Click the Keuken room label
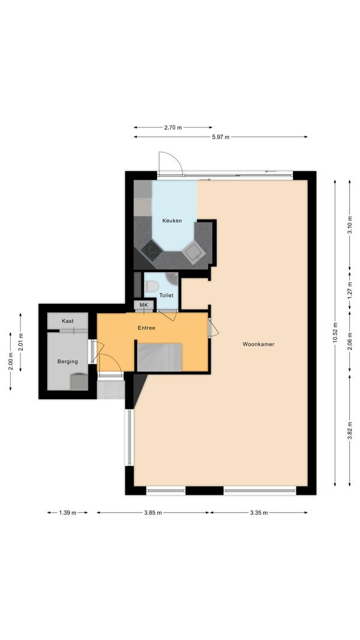[x=172, y=221]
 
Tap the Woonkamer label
[x=259, y=344]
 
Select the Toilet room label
[x=166, y=295]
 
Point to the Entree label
[x=146, y=328]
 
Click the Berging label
[x=68, y=361]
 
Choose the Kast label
[x=68, y=321]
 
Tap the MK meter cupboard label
[x=143, y=305]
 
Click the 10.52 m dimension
[x=335, y=333]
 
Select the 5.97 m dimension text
[x=221, y=137]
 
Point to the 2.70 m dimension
[x=173, y=127]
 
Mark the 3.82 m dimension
[x=349, y=430]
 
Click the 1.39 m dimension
[x=68, y=513]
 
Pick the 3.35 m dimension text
[x=259, y=513]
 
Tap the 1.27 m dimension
[x=349, y=291]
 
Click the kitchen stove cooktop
[x=152, y=250]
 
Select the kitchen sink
[x=193, y=253]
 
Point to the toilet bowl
[x=151, y=286]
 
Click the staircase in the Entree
[x=159, y=357]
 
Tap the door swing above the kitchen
[x=170, y=164]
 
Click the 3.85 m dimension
[x=153, y=513]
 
